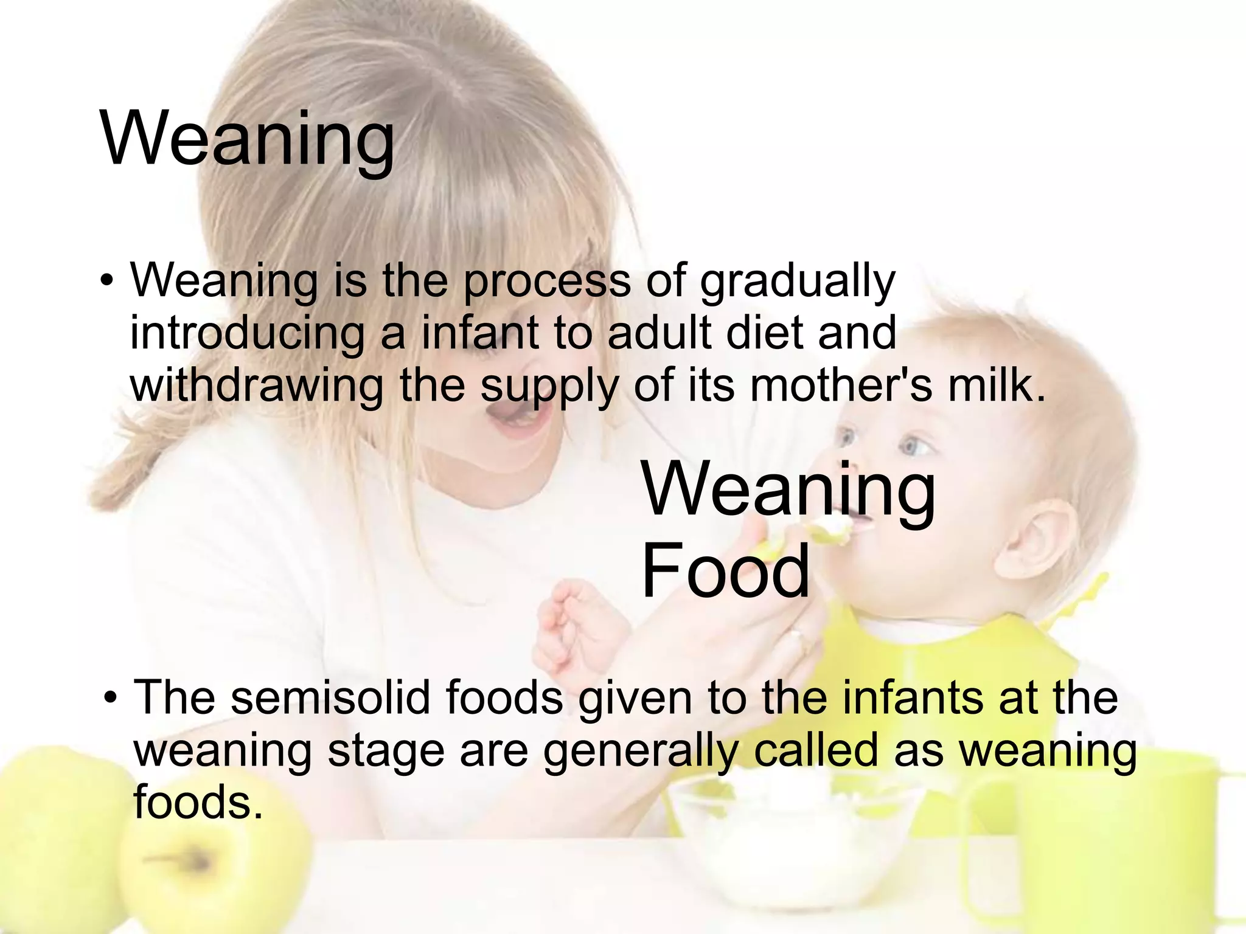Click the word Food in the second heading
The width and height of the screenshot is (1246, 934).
point(725,572)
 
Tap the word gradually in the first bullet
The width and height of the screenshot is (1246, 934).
point(798,282)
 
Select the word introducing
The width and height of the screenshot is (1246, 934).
point(247,334)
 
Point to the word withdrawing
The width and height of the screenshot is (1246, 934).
point(257,386)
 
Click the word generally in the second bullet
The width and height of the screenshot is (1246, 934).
point(641,752)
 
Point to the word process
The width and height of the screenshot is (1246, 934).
point(547,282)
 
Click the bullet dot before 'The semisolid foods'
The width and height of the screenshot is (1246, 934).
point(110,697)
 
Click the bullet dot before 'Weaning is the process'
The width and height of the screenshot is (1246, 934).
point(106,281)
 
